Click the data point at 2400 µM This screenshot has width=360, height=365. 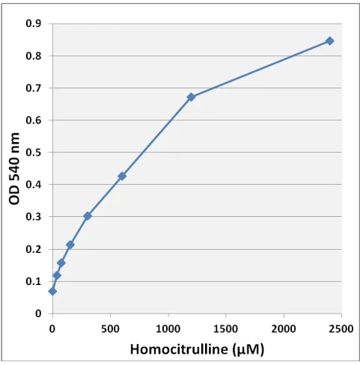(329, 40)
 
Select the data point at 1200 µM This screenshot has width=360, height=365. (191, 97)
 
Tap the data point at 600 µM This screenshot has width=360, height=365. (122, 176)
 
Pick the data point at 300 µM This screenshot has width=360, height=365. (88, 215)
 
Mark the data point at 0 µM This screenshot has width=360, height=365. (52, 291)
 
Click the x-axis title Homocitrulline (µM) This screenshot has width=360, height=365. (197, 349)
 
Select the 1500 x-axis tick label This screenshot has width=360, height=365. (225, 328)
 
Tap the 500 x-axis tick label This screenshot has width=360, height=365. (110, 328)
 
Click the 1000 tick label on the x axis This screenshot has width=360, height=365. (168, 328)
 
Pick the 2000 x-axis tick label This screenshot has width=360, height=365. (284, 328)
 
